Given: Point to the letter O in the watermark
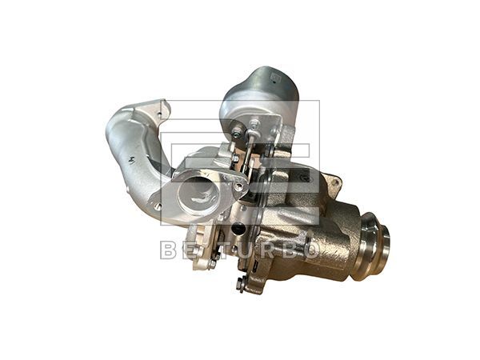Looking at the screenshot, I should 311,250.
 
